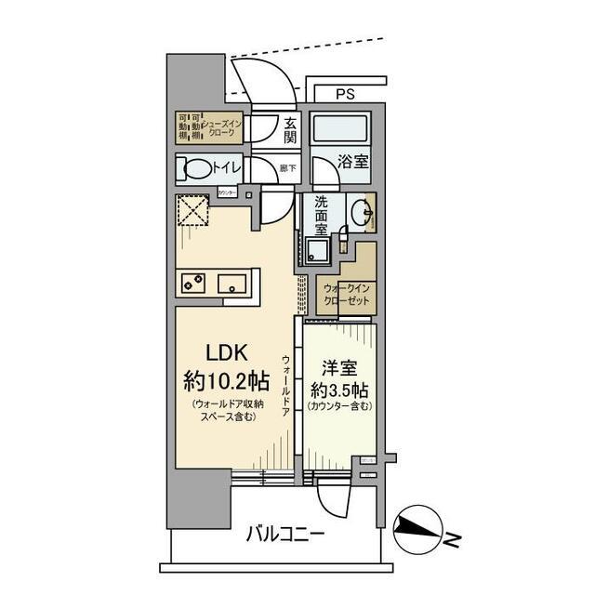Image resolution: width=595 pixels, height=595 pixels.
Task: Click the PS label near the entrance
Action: click(x=345, y=94)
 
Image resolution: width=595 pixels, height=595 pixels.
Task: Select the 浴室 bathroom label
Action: click(x=353, y=161)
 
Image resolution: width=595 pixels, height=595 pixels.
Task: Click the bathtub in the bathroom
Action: click(x=339, y=128)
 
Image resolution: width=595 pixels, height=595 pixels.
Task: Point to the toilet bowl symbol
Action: click(x=198, y=169)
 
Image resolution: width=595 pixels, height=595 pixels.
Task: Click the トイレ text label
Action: click(x=228, y=167)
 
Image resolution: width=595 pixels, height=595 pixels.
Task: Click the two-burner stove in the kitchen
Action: click(x=192, y=283)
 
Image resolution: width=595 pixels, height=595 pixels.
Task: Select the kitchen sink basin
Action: click(x=233, y=283)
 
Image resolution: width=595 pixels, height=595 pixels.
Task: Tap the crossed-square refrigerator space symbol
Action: click(x=192, y=211)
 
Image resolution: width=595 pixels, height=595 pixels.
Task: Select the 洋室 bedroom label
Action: click(x=337, y=367)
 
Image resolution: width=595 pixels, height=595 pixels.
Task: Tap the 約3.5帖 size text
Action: click(x=337, y=389)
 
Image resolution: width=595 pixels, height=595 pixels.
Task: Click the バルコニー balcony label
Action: click(x=284, y=535)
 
